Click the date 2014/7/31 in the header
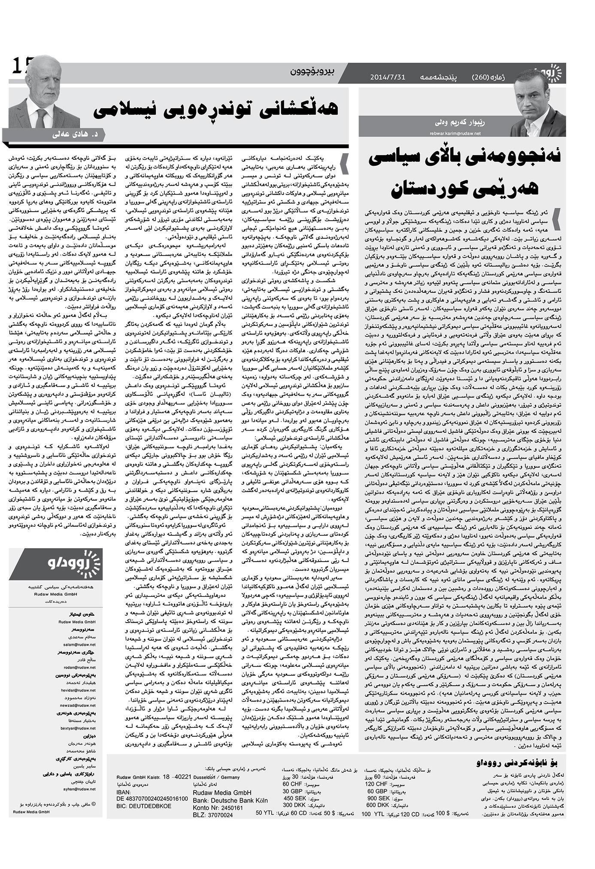(x=388, y=78)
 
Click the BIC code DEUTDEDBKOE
(x=144, y=806)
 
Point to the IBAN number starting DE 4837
(x=152, y=799)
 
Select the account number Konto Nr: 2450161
(x=218, y=808)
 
